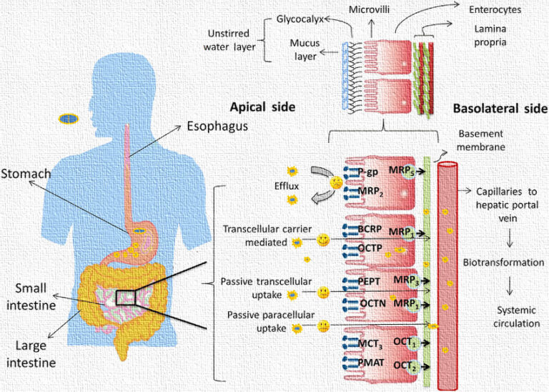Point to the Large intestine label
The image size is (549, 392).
(31, 353)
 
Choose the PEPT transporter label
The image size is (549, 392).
(370, 282)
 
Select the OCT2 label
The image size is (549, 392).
(404, 365)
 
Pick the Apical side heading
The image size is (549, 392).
(262, 107)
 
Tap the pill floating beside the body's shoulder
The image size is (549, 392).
(69, 117)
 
